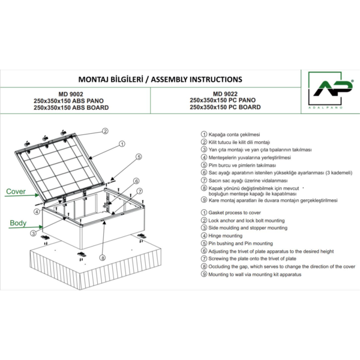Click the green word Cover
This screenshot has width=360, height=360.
(17, 192)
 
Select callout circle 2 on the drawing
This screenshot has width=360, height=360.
(104, 130)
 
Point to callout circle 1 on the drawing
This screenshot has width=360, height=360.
(121, 143)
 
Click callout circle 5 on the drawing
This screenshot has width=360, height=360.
(138, 157)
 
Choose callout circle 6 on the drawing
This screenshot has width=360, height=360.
(136, 181)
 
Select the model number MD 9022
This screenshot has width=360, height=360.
(225, 93)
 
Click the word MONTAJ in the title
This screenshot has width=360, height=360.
(96, 79)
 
